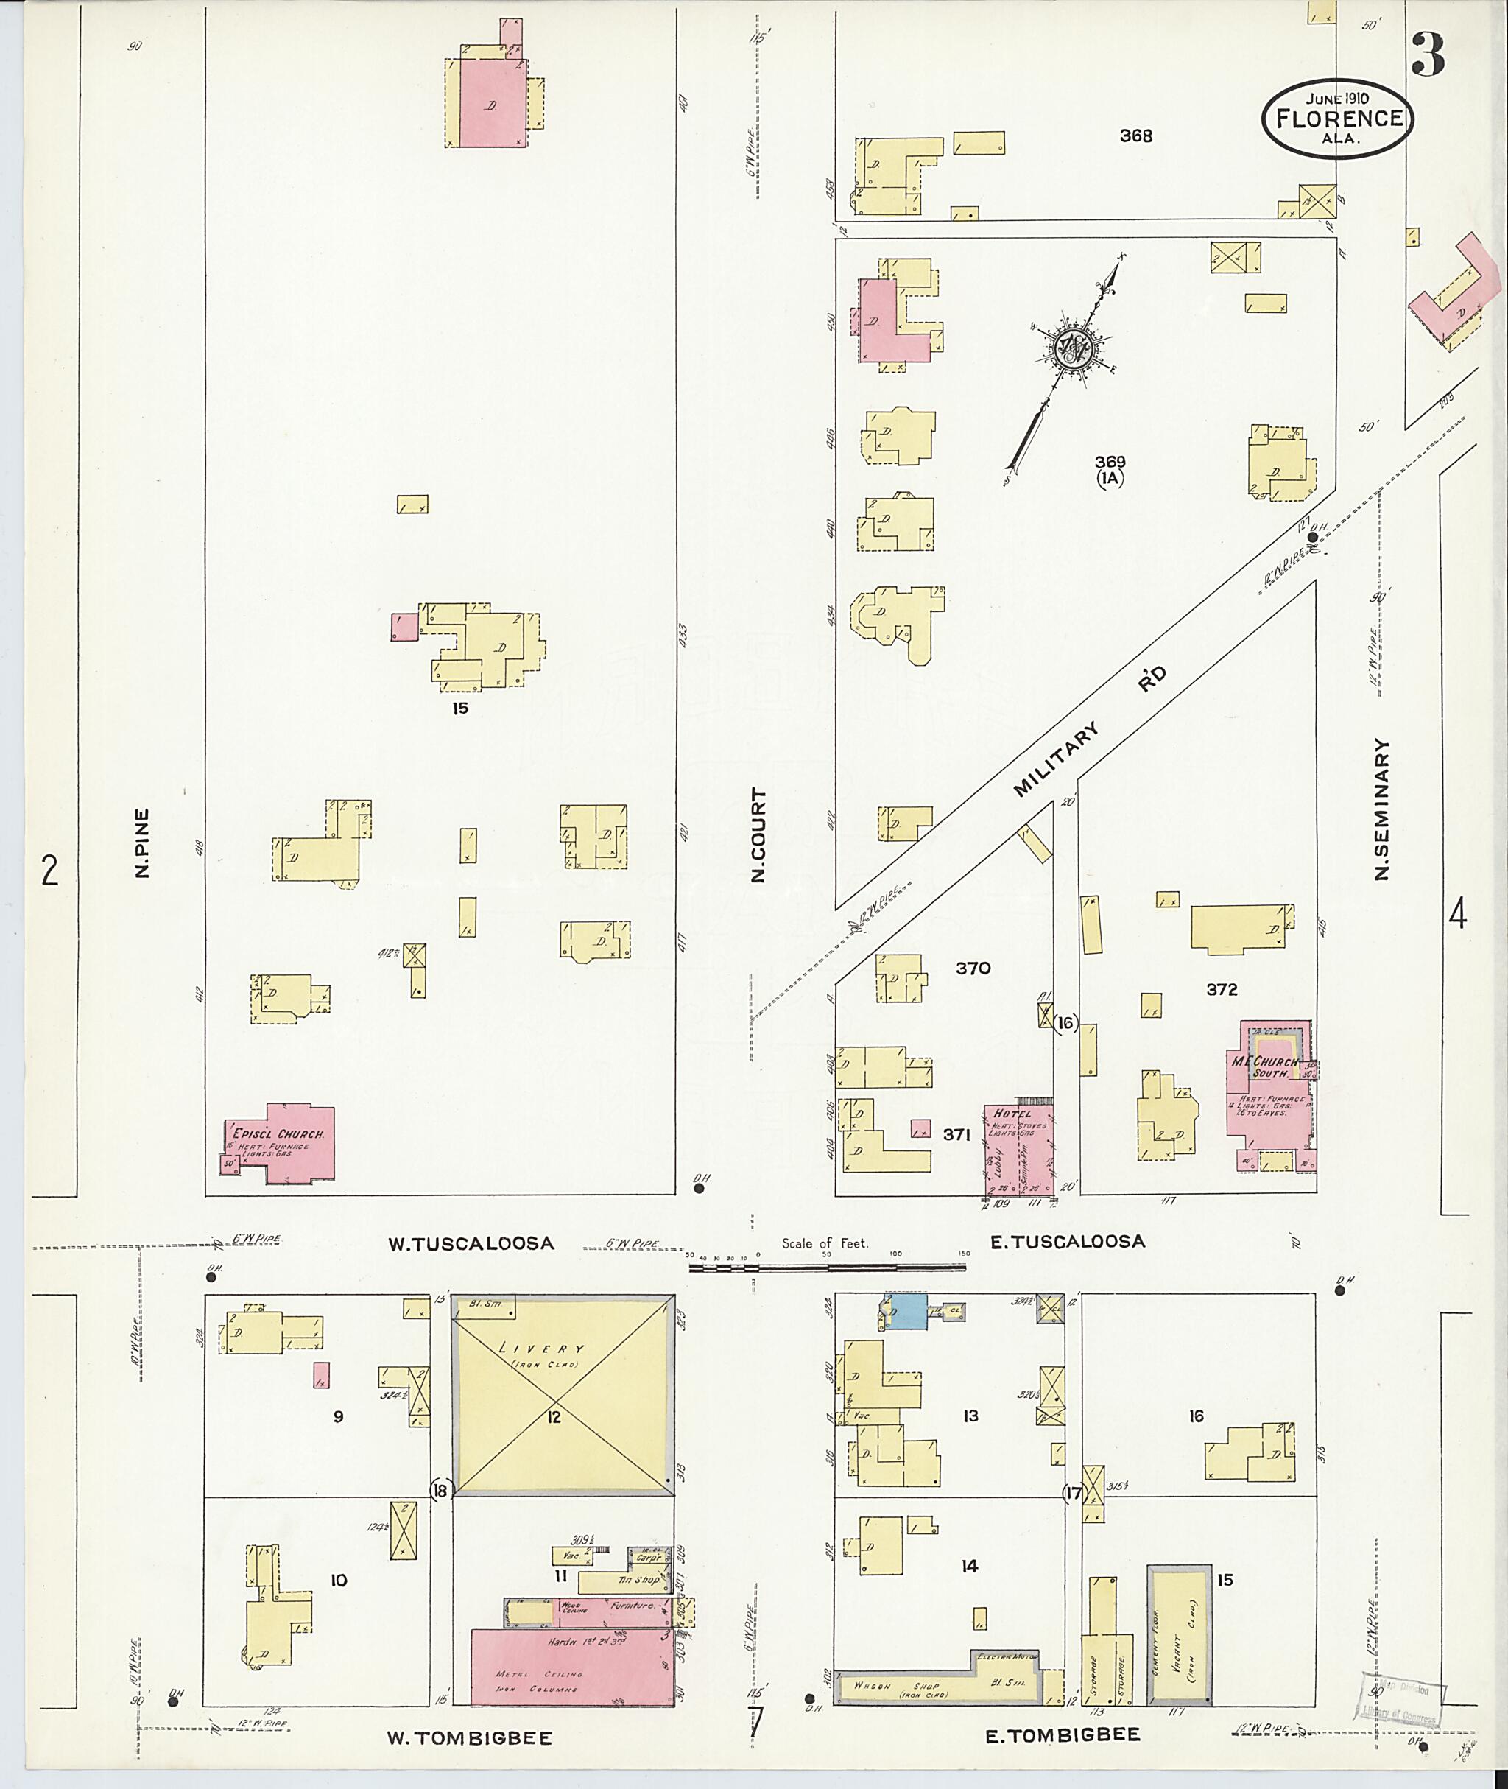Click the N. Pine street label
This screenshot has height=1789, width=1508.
tap(142, 843)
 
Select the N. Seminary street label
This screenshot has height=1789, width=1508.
tap(1381, 809)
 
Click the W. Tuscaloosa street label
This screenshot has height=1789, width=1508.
tap(471, 1243)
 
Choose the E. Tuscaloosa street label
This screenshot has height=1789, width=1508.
tap(1067, 1242)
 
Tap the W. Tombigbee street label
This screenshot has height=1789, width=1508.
tap(469, 1738)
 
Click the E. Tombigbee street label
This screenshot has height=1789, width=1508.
tap(1063, 1735)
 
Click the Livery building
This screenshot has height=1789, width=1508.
tap(563, 1395)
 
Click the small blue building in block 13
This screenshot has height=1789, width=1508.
tap(908, 1311)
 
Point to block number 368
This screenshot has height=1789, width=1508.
tap(1136, 135)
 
